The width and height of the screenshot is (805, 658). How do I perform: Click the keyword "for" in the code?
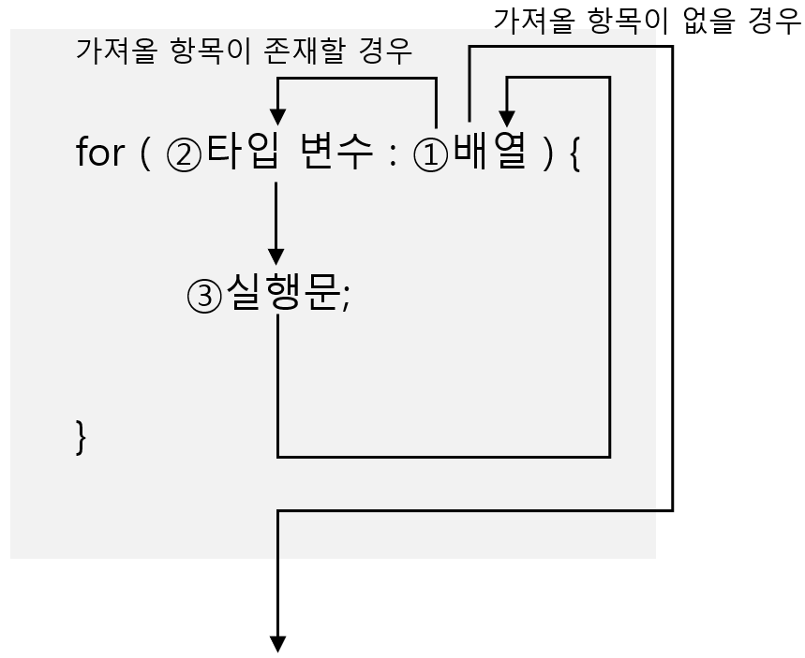tap(99, 153)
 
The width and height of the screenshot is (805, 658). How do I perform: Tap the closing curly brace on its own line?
tap(81, 437)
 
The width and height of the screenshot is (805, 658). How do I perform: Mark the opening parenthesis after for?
tap(144, 154)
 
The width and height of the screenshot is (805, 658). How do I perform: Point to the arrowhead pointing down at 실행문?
tap(276, 256)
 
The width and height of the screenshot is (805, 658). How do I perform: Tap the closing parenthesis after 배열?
tap(548, 154)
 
